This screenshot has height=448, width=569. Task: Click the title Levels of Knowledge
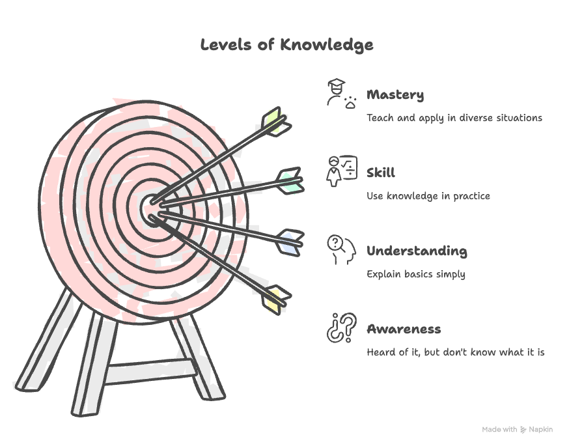286,44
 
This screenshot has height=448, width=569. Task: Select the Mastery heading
395,95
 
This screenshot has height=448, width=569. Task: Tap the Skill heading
381,173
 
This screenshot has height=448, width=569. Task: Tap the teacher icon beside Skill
341,171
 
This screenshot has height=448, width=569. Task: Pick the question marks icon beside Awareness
341,327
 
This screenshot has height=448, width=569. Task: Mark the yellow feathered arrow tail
276,298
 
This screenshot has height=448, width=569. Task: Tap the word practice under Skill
471,196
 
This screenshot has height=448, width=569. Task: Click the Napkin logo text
540,429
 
